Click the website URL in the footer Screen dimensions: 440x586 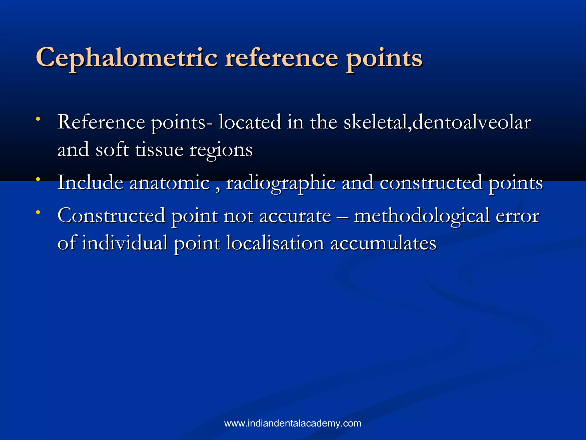(x=293, y=423)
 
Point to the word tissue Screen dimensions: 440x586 (x=159, y=150)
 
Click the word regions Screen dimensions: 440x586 (x=221, y=151)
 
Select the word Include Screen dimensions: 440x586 (x=90, y=182)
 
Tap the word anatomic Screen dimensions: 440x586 (x=170, y=183)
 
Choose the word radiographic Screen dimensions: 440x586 (x=281, y=184)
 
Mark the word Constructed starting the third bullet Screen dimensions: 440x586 (x=111, y=215)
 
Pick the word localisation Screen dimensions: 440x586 (x=275, y=243)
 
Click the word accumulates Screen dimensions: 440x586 (x=383, y=243)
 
